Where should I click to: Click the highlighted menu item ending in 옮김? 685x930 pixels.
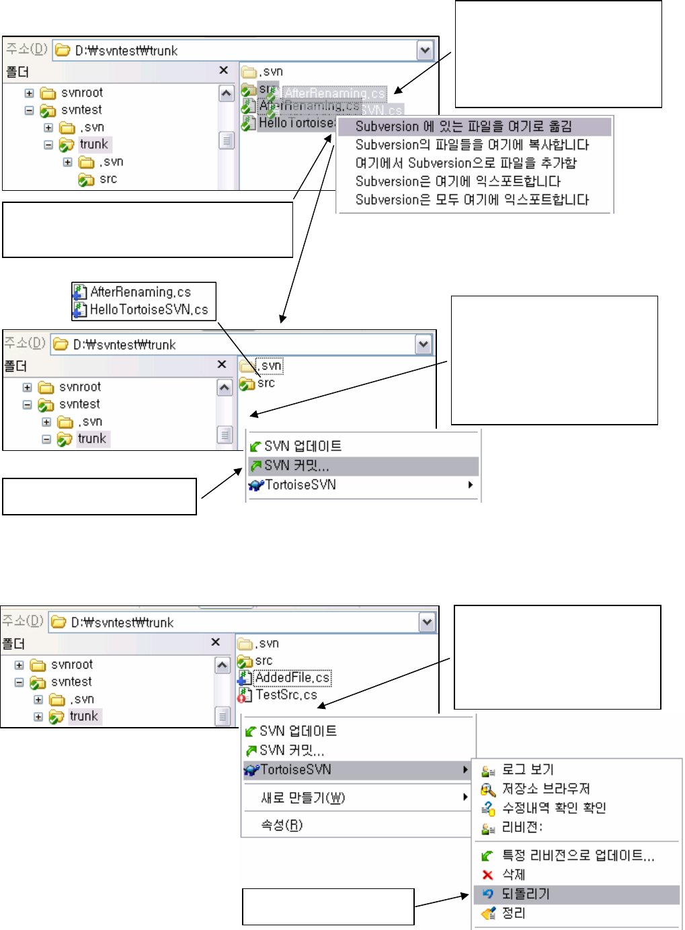[463, 126]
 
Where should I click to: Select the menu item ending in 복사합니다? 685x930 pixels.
[472, 144]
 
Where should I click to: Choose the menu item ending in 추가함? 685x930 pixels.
[466, 163]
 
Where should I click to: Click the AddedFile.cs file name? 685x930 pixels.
[292, 677]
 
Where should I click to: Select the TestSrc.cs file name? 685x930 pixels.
[286, 695]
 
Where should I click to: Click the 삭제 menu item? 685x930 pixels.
[514, 874]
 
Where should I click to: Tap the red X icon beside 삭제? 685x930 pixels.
[488, 874]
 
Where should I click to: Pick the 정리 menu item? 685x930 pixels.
[514, 913]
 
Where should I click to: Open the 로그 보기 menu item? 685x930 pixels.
[528, 769]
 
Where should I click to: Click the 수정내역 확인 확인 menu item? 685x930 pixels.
[554, 808]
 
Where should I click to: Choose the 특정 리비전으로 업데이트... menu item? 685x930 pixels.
[578, 855]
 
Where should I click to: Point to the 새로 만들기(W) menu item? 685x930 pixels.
[303, 798]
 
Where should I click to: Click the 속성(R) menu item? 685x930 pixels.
[282, 825]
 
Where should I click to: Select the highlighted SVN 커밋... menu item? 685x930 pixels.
[296, 466]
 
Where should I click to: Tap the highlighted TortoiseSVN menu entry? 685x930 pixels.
[295, 769]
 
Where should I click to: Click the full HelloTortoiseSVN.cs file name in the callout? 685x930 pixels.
[149, 309]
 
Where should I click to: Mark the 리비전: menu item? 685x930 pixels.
[522, 827]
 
